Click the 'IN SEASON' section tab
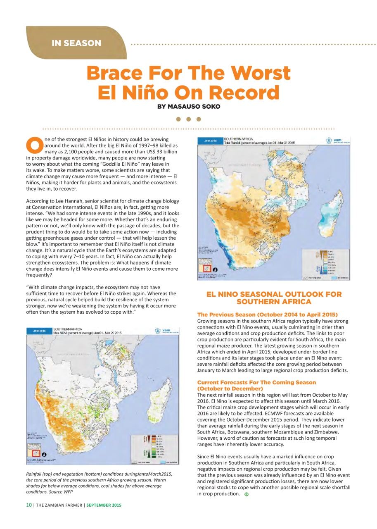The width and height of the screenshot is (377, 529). tap(76, 43)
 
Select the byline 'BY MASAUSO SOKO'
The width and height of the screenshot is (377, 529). tap(188, 107)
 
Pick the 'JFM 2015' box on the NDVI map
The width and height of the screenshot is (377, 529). tap(39, 331)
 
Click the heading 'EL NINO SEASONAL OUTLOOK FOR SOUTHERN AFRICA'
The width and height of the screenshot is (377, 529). tap(274, 298)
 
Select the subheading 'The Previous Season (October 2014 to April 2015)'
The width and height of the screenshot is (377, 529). tap(268, 315)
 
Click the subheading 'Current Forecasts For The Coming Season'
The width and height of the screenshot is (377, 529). tap(256, 382)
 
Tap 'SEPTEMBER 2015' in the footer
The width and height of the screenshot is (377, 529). tap(104, 505)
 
